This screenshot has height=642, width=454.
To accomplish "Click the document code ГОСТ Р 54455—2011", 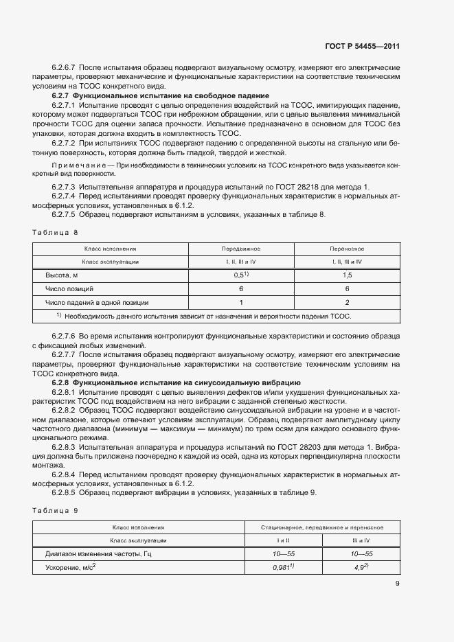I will click(362, 47).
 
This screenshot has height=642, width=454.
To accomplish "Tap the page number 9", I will click(398, 584).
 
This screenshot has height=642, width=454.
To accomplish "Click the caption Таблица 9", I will click(56, 510).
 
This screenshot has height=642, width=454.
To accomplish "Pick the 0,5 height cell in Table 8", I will click(240, 275).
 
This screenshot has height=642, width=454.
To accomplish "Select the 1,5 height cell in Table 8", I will click(347, 275).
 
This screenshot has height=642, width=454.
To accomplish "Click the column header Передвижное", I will click(240, 248).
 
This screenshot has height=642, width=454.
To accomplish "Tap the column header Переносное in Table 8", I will click(347, 248).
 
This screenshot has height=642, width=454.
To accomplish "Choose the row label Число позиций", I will click(69, 288).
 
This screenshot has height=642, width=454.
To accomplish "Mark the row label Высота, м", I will click(63, 275).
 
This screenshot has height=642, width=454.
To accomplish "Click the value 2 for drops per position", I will click(347, 302).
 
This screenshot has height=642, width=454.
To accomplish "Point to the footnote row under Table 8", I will click(203, 316).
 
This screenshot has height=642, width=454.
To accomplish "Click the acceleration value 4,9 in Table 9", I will click(361, 567).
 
